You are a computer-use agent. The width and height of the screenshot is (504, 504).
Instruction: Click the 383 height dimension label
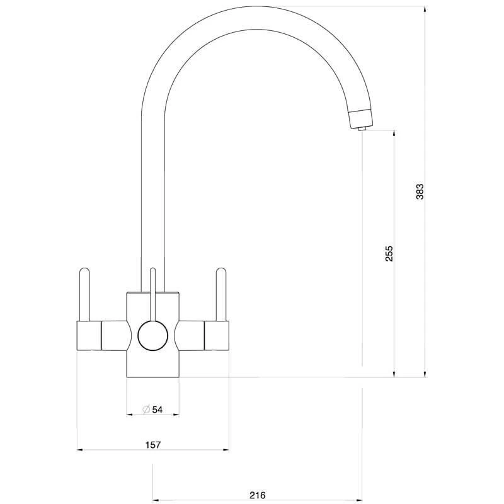(420, 192)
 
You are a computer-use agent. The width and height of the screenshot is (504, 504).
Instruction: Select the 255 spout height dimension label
(389, 254)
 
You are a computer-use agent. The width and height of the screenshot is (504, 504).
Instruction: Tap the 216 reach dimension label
(258, 495)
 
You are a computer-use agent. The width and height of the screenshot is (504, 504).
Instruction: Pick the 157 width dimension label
(153, 445)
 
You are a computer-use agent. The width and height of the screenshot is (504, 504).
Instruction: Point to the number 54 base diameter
(157, 410)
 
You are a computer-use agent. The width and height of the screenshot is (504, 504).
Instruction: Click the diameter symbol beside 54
(146, 410)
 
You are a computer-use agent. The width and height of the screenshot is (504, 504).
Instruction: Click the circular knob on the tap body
(152, 336)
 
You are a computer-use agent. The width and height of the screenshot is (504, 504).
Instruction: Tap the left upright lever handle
(84, 294)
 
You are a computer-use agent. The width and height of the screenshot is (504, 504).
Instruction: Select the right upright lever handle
(221, 294)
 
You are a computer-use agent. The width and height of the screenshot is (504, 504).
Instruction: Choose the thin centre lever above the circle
(153, 294)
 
